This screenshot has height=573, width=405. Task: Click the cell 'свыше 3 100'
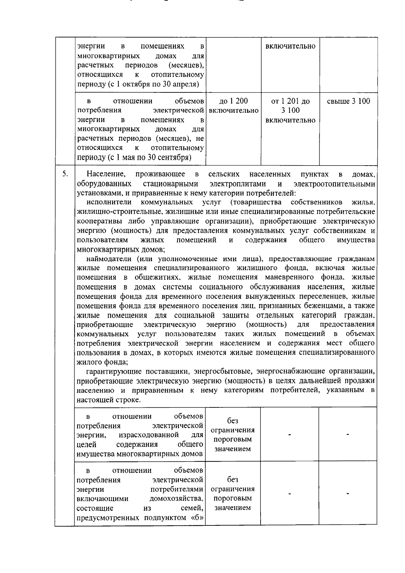point(348,101)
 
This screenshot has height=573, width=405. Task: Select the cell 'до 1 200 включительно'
point(234,106)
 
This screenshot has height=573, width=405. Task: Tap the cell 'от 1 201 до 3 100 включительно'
point(290,111)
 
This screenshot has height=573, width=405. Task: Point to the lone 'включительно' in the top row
point(290,46)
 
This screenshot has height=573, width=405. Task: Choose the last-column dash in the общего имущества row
point(348,435)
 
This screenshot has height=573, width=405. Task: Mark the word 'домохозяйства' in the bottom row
point(177,499)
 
